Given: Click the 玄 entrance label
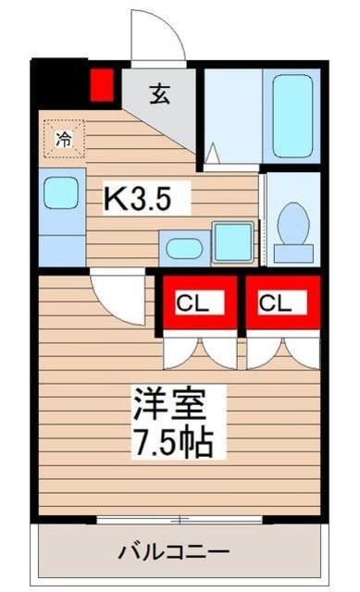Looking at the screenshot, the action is click(x=159, y=94).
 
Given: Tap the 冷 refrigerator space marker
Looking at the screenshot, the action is click(x=64, y=139).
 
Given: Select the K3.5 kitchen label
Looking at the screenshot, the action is click(x=137, y=199).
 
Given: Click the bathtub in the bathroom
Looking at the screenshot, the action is click(x=292, y=116).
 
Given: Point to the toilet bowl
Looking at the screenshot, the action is click(x=292, y=223).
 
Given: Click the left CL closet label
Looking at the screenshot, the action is click(x=193, y=302).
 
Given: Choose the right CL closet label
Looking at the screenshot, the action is click(x=276, y=302).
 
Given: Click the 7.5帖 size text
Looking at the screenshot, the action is click(x=172, y=442).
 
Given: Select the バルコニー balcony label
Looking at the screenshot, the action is click(x=174, y=552).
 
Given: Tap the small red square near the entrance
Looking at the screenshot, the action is click(x=102, y=85).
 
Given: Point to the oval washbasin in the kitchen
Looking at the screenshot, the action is click(x=184, y=249).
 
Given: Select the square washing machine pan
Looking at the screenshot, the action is click(x=233, y=242).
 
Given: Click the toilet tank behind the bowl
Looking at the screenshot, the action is click(x=293, y=253).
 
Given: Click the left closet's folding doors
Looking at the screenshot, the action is click(x=200, y=353).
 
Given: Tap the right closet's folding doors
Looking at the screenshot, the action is click(x=283, y=353).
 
